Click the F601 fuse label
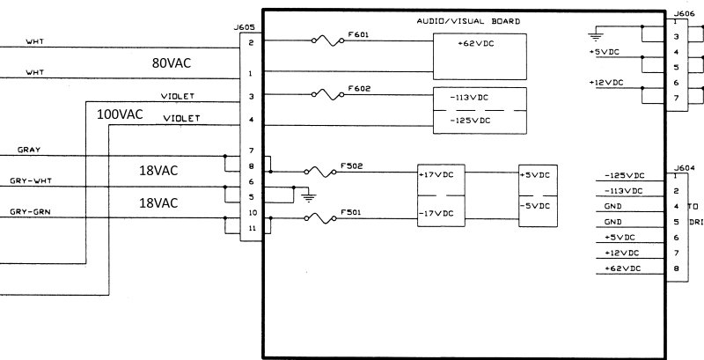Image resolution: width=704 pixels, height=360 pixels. pyautogui.click(x=358, y=34)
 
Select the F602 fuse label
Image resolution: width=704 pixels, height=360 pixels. pyautogui.click(x=358, y=88)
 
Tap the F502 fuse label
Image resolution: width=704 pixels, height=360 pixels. pyautogui.click(x=352, y=165)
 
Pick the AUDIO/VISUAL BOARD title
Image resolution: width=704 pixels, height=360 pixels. pyautogui.click(x=467, y=20)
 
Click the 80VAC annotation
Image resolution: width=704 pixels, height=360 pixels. pyautogui.click(x=172, y=63)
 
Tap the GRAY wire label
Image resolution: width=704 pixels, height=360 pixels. pyautogui.click(x=29, y=150)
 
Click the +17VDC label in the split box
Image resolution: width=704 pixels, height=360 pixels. pyautogui.click(x=436, y=174)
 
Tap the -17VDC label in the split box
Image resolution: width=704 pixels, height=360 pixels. pyautogui.click(x=436, y=213)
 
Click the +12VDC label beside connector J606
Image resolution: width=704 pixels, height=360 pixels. pyautogui.click(x=605, y=82)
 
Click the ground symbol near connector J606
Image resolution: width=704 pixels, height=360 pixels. pyautogui.click(x=596, y=36)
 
